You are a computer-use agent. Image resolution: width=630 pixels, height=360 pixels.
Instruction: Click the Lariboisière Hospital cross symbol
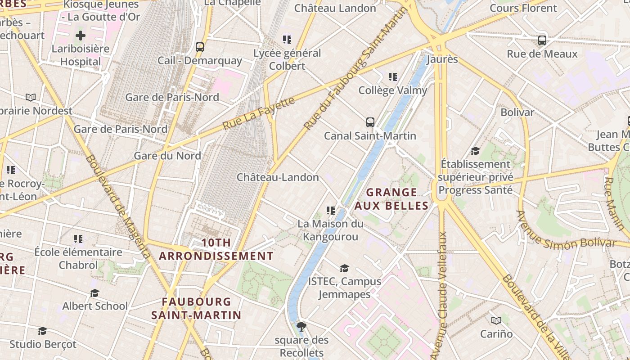(81, 36)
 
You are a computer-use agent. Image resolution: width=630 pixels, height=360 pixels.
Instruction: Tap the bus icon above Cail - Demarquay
(200, 47)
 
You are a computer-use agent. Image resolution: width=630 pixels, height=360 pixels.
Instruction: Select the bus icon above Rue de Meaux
(542, 40)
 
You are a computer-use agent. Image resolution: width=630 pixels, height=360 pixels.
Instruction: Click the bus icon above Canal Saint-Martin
(370, 122)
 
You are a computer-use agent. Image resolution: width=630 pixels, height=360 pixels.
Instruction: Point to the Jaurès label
(442, 59)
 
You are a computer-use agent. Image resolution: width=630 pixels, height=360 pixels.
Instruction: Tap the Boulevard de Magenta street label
(118, 207)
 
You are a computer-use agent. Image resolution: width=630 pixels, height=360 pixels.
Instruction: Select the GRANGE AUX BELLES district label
(391, 199)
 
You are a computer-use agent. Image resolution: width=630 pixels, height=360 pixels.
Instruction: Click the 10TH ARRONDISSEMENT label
(216, 249)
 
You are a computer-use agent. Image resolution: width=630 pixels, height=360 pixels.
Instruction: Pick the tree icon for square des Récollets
(301, 326)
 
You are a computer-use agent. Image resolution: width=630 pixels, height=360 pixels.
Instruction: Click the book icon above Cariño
(496, 320)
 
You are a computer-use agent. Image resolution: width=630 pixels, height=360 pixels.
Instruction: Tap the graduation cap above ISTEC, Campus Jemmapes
(344, 268)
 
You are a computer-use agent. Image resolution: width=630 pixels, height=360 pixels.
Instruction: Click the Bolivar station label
(517, 112)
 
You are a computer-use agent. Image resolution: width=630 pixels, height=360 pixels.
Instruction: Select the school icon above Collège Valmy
(393, 77)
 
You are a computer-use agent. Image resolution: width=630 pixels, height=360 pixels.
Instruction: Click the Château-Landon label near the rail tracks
(278, 177)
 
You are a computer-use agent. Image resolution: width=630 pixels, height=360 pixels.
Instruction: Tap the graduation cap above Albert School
(94, 293)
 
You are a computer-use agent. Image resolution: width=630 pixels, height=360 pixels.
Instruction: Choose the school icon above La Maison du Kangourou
(331, 210)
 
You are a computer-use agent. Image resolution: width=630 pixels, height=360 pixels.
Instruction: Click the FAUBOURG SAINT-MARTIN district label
(196, 308)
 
